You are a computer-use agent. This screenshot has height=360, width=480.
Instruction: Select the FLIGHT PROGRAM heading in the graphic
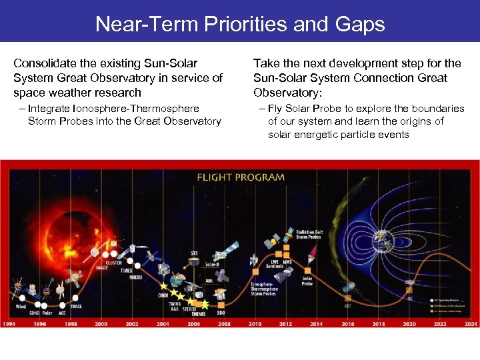tap(240, 177)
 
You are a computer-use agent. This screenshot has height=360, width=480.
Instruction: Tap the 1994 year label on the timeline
tap(9, 324)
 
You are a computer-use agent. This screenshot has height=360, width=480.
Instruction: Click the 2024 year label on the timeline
tap(471, 324)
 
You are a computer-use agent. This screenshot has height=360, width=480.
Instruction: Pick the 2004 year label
tap(163, 324)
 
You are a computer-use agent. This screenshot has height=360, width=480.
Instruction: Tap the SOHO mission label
tap(34, 312)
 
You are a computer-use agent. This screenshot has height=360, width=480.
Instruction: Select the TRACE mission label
tap(76, 306)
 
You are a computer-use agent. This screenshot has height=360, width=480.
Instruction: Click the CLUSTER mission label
tap(114, 263)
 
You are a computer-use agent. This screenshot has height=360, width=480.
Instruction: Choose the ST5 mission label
tap(194, 253)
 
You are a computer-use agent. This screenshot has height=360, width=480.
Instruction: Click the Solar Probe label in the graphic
tap(308, 281)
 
